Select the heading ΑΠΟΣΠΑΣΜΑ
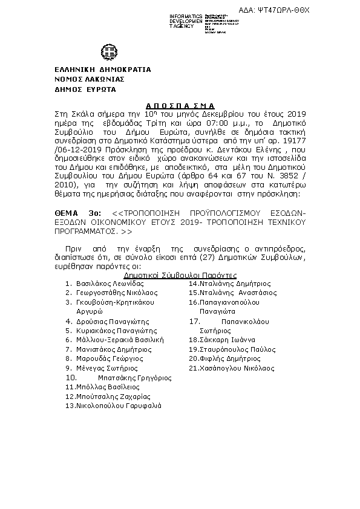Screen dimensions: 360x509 pyautogui.click(x=180, y=104)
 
